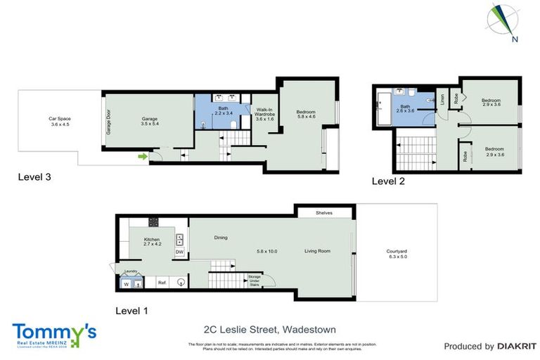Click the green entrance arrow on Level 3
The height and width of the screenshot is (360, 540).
pyautogui.click(x=143, y=157)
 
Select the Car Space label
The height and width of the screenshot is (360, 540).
pyautogui.click(x=59, y=122)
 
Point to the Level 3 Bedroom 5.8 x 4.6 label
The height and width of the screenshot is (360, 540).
pyautogui.click(x=305, y=115)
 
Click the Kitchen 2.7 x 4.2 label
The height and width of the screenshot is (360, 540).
pyautogui.click(x=153, y=242)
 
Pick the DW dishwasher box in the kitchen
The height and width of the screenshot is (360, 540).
pyautogui.click(x=179, y=252)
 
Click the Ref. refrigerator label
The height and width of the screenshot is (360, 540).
pyautogui.click(x=162, y=283)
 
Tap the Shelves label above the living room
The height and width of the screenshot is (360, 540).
pyautogui.click(x=324, y=212)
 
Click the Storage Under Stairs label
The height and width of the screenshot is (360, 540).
pyautogui.click(x=255, y=281)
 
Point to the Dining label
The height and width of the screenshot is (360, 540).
pyautogui.click(x=221, y=237)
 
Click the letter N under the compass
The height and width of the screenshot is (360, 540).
pyautogui.click(x=515, y=39)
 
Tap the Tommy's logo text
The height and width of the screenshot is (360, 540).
pyautogui.click(x=54, y=331)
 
